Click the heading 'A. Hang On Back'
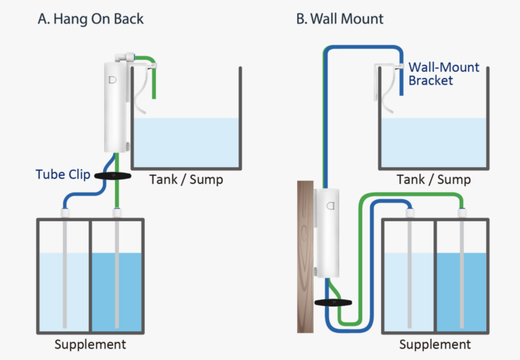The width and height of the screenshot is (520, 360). tap(90, 18)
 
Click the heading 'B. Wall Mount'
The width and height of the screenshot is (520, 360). tap(339, 18)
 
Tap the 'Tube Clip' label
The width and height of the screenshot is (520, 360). tap(63, 175)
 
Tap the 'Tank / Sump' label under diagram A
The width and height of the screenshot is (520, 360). tap(186, 180)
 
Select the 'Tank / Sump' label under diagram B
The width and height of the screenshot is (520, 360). tap(434, 180)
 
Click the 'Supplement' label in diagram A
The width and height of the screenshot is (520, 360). tap(90, 344)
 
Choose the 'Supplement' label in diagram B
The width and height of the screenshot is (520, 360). tap(435, 344)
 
